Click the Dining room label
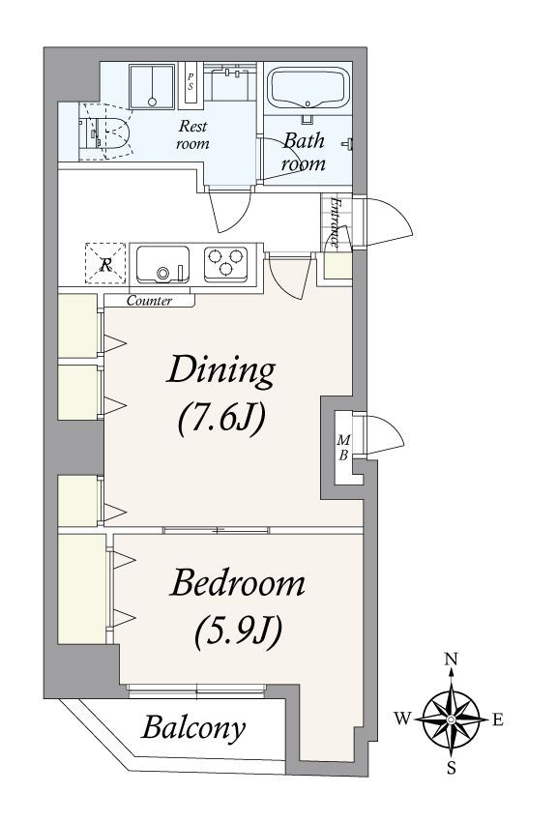click(x=220, y=371)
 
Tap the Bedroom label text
click(x=237, y=582)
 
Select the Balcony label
click(x=193, y=727)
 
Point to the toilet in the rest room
click(x=115, y=132)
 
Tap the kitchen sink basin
click(x=162, y=264)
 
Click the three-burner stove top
click(x=226, y=263)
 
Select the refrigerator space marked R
click(x=105, y=264)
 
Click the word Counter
click(x=149, y=301)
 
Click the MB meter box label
click(x=343, y=447)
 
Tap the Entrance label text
click(x=335, y=222)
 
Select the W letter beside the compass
click(x=402, y=719)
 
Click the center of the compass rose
click(x=452, y=719)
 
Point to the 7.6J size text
click(x=221, y=418)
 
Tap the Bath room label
click(x=304, y=152)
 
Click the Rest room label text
click(x=192, y=134)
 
